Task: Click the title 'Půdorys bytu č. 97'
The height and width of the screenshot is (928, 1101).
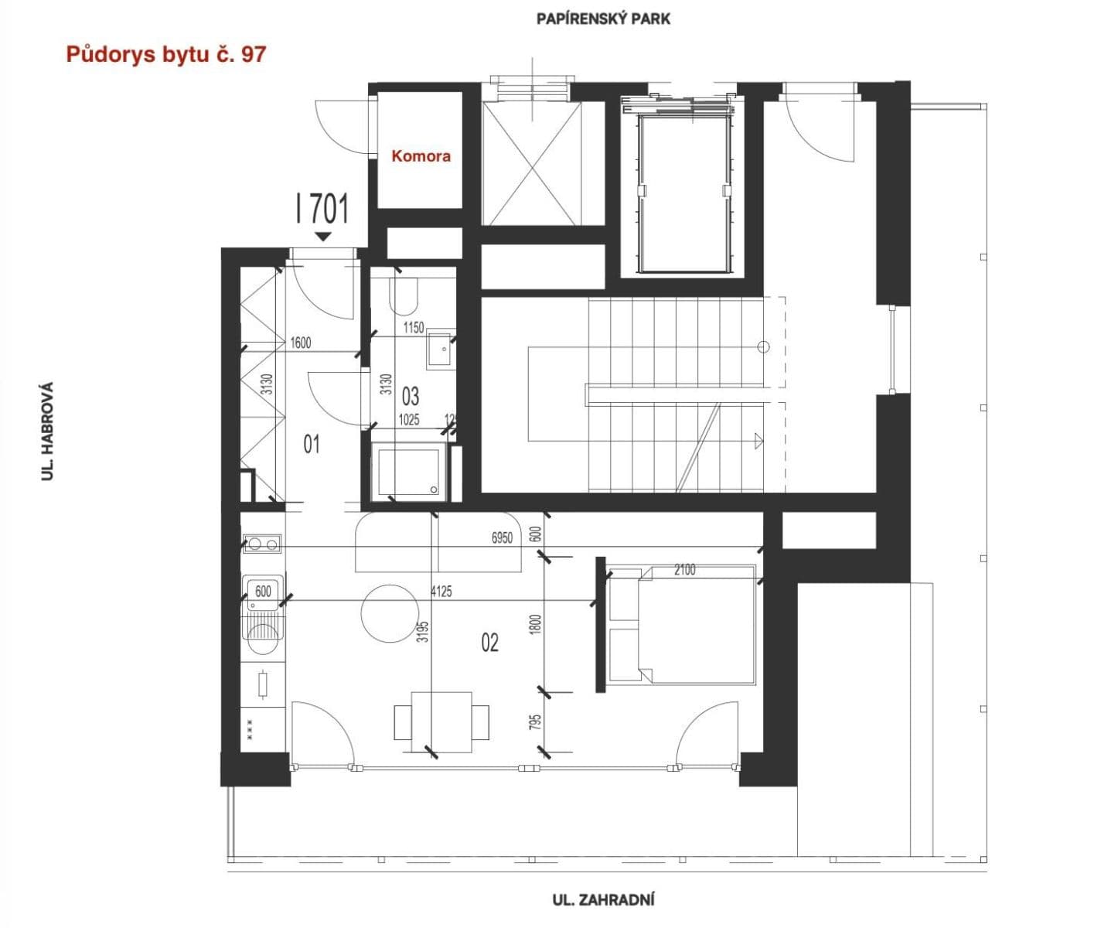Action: click(166, 54)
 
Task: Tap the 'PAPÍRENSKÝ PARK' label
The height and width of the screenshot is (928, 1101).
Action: click(603, 19)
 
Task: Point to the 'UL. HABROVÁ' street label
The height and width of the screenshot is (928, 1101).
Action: click(48, 431)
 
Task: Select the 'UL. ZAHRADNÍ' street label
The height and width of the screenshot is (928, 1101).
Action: click(603, 899)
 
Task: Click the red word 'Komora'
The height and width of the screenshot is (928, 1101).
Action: click(421, 156)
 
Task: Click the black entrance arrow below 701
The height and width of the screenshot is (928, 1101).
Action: click(323, 237)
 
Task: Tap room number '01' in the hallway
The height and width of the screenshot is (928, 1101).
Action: click(312, 444)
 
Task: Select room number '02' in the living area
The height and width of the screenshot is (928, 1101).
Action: click(489, 642)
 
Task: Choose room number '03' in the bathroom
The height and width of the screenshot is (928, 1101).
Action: click(411, 397)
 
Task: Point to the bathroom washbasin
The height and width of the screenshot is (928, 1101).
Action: click(439, 350)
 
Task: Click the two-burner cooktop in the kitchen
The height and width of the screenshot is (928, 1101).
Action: click(262, 544)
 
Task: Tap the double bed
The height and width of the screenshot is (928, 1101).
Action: click(681, 625)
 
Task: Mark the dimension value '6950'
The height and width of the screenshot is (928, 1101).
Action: click(502, 537)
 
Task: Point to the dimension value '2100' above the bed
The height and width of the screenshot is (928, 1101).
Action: click(684, 570)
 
